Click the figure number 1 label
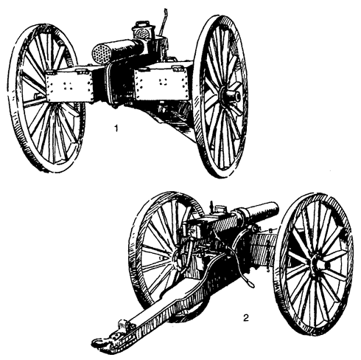(116, 128)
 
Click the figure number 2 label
(246, 318)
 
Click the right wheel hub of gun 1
(231, 95)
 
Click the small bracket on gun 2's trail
(123, 324)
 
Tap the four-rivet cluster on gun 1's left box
(67, 86)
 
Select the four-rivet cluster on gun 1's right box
(162, 82)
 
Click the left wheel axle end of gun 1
(38, 95)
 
